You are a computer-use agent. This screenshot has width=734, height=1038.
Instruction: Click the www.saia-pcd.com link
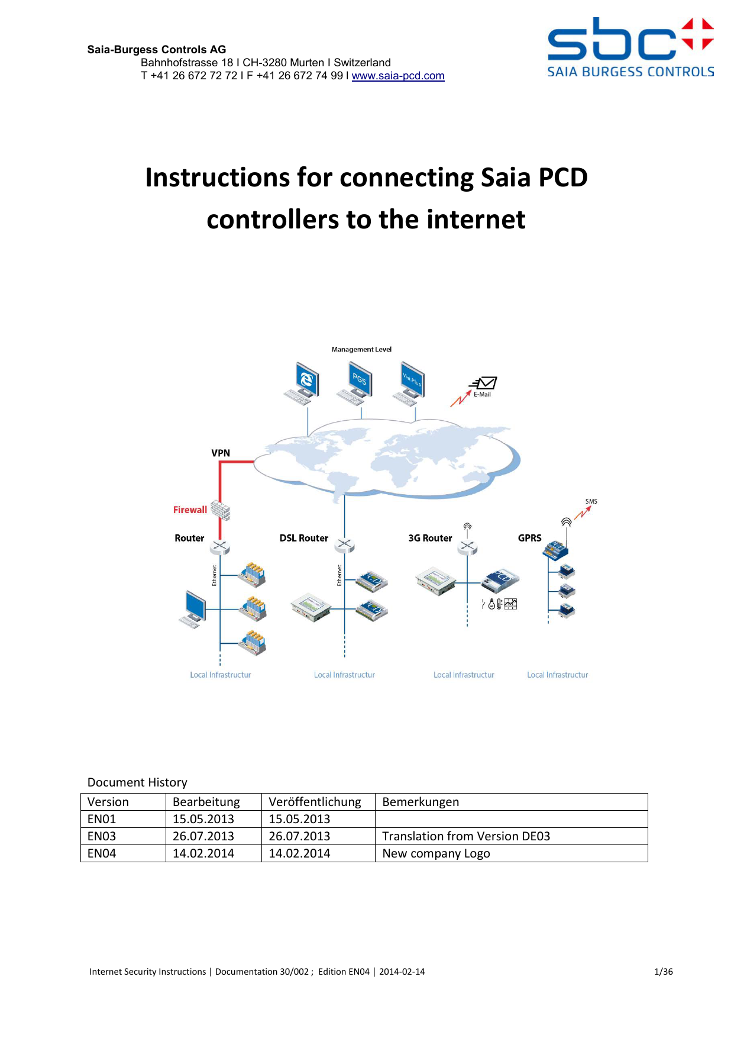tap(398, 76)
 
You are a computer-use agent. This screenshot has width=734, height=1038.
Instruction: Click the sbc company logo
tap(630, 47)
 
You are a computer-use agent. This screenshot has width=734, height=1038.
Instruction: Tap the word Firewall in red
tap(190, 510)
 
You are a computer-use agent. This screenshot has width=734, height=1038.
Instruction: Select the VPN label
tap(221, 453)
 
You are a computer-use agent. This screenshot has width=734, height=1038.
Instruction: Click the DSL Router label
tap(303, 539)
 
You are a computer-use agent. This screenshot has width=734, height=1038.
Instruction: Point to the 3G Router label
tap(430, 539)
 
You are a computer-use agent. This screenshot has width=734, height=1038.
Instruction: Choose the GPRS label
tap(529, 539)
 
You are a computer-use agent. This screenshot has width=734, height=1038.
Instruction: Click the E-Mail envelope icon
tap(486, 383)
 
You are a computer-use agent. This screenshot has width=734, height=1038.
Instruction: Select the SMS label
tap(591, 501)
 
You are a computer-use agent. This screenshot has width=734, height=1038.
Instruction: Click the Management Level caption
tap(361, 350)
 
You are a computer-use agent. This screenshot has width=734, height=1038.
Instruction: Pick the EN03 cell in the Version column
tap(102, 836)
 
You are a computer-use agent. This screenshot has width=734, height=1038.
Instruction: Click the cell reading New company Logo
tap(436, 853)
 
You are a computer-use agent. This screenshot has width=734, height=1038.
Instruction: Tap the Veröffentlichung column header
tap(315, 802)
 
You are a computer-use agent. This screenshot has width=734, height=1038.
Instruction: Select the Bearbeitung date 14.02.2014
tap(203, 853)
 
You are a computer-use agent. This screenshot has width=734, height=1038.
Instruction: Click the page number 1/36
tap(663, 972)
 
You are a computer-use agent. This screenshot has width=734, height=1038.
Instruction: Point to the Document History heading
tap(137, 782)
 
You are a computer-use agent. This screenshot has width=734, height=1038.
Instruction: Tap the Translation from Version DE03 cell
tap(466, 836)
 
